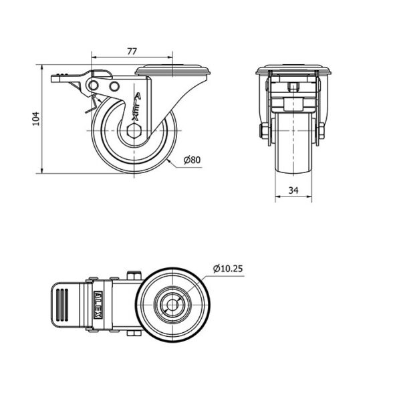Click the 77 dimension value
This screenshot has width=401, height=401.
point(132,51)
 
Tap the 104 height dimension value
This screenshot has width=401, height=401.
point(36,119)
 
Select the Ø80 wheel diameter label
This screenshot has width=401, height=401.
point(192,160)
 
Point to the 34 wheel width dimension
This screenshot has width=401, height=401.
point(293,190)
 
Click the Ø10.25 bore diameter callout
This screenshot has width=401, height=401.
point(228,269)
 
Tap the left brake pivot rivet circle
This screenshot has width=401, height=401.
point(94,85)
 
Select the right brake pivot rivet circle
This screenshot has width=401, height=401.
point(114,86)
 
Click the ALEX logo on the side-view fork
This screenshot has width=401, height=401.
point(136,107)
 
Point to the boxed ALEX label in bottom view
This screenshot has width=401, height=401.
point(98,305)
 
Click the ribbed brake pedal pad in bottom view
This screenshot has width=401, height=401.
point(62,305)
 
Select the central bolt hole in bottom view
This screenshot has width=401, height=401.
point(172,305)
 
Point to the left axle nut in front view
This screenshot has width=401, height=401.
point(263,130)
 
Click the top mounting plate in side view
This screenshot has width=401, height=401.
point(172,70)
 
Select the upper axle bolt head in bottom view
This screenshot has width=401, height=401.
point(134,275)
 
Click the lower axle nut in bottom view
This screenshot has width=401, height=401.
point(134,333)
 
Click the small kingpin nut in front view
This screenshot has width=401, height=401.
point(293,88)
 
